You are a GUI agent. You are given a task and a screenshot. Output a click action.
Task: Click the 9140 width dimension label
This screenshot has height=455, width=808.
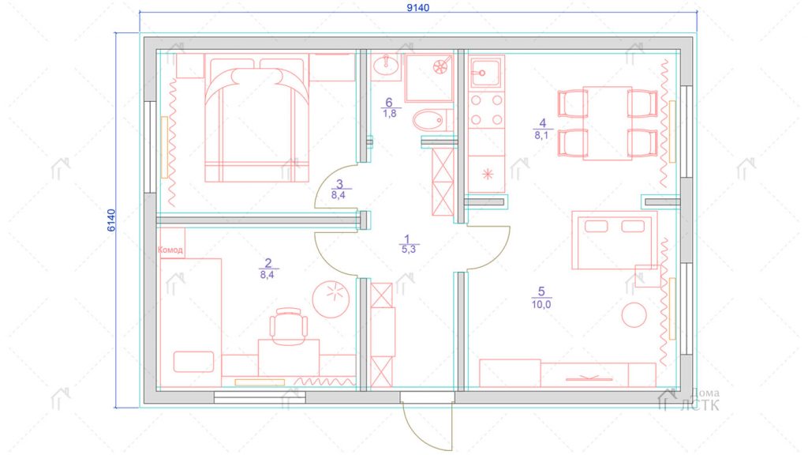pyautogui.click(x=417, y=8)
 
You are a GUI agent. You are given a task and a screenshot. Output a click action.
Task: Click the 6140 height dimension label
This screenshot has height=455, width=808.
pyautogui.click(x=111, y=220)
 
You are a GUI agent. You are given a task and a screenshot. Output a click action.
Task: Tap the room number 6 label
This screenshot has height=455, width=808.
pyautogui.click(x=389, y=103)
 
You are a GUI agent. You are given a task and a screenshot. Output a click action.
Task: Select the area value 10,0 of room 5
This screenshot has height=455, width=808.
pyautogui.click(x=541, y=304)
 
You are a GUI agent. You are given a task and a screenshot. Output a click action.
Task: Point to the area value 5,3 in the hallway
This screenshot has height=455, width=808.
pyautogui.click(x=408, y=249)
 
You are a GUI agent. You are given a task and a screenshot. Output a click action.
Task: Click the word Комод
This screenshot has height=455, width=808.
pyautogui.click(x=170, y=250)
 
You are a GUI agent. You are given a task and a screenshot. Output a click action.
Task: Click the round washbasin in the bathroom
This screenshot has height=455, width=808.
pyautogui.click(x=385, y=66)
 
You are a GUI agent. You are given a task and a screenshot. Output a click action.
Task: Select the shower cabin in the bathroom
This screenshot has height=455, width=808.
pyautogui.click(x=428, y=78)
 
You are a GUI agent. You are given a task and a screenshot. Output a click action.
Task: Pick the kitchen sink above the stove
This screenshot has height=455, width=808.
pyautogui.click(x=486, y=73)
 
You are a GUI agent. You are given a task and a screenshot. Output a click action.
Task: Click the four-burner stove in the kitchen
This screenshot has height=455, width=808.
pyautogui.click(x=486, y=110)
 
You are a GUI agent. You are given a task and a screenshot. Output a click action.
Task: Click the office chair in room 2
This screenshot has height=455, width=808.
pyautogui.click(x=289, y=326)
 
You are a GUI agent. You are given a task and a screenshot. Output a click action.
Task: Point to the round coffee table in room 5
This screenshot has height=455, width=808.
pyautogui.click(x=634, y=315)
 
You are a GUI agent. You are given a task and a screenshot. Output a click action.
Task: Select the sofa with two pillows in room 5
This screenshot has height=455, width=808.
pyautogui.click(x=614, y=240)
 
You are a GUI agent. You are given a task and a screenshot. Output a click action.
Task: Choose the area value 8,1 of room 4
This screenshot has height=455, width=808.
pyautogui.click(x=541, y=136)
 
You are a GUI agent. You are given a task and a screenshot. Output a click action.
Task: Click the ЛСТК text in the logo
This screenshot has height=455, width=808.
pyautogui.click(x=699, y=405)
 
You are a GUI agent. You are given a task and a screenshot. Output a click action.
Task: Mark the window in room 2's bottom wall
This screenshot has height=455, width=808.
pyautogui.click(x=260, y=397)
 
